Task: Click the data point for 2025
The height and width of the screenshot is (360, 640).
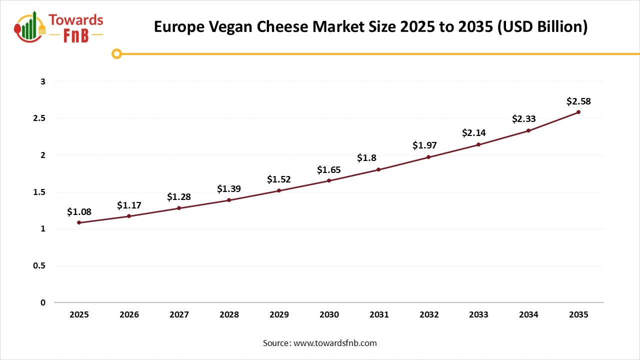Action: click(79, 222)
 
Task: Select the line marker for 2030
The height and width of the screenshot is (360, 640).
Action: click(329, 180)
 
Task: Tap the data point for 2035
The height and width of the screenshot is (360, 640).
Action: click(578, 112)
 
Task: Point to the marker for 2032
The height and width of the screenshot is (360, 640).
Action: click(428, 157)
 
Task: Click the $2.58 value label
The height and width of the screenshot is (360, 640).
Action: click(578, 101)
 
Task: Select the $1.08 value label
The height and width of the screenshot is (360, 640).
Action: click(79, 212)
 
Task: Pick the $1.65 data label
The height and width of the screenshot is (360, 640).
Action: click(329, 170)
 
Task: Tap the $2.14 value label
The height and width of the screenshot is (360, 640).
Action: click(473, 133)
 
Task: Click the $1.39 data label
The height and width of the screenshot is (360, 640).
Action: click(229, 189)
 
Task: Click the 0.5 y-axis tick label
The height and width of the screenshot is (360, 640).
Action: click(40, 266)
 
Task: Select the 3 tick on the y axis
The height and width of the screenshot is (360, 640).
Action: click(43, 81)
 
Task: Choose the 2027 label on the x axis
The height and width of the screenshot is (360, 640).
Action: click(179, 315)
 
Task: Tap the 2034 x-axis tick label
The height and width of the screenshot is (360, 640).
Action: click(528, 315)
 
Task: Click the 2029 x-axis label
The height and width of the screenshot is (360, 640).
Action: click(279, 315)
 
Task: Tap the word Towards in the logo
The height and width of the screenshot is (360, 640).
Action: click(76, 20)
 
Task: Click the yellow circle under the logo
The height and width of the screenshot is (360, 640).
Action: click(117, 53)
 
